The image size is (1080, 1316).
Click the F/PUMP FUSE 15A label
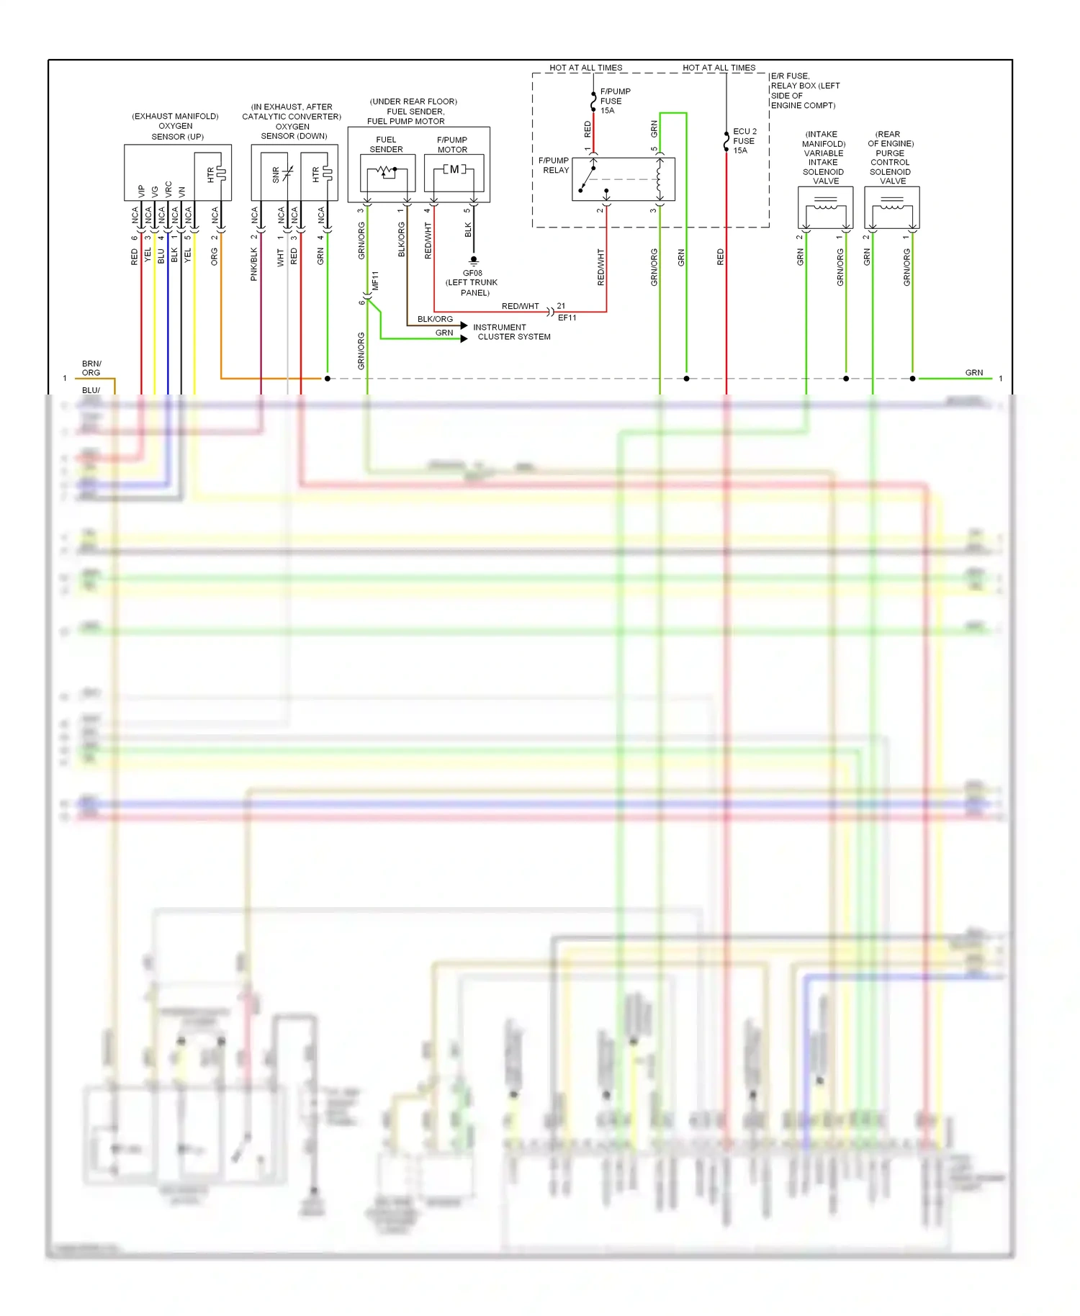614,101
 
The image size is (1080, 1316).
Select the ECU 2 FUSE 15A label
744,141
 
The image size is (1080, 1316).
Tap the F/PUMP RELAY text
554,166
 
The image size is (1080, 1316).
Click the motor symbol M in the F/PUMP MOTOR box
454,170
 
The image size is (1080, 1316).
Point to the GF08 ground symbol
473,260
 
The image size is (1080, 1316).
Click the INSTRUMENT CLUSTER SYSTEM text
511,332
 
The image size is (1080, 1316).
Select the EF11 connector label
567,317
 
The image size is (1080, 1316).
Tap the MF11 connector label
375,281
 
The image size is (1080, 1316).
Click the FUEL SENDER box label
386,145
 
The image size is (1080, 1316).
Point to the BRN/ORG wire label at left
91,368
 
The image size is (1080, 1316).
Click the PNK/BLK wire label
253,264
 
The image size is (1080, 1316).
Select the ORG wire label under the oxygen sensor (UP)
214,257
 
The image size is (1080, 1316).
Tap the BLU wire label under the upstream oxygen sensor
161,257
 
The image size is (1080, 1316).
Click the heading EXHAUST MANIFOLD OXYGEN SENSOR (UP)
176,126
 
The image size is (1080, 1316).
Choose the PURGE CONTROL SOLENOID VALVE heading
890,158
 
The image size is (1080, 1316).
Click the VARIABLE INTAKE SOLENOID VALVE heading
823,158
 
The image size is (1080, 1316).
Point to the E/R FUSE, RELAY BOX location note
804,91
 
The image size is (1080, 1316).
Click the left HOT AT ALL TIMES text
585,68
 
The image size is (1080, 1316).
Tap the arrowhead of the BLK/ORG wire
464,325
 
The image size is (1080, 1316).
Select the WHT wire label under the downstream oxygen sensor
280,258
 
